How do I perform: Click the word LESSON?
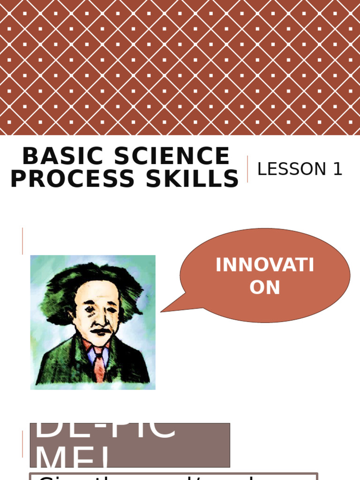click(x=291, y=169)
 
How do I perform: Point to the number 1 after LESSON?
click(x=337, y=169)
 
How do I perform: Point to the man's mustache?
click(x=100, y=331)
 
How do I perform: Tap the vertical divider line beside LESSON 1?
click(x=247, y=169)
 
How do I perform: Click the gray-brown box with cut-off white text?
click(x=130, y=445)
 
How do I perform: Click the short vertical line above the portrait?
click(x=22, y=241)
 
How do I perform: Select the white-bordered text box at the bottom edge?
click(x=173, y=476)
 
